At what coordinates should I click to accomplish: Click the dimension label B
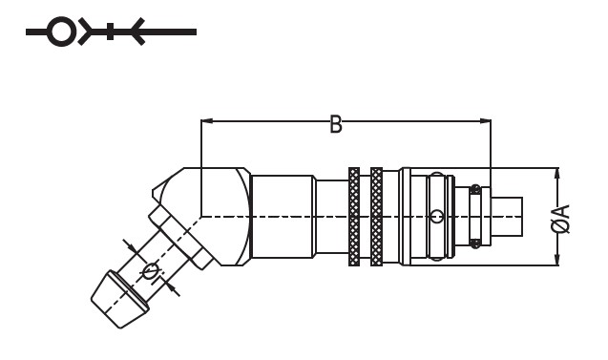pos(336,124)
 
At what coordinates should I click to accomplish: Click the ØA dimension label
pos(561,219)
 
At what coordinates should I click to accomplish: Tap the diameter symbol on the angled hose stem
pos(151,271)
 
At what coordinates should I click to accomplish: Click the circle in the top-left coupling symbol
pos(61,32)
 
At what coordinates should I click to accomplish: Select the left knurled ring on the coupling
pos(354,217)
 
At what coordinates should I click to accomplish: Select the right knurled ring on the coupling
pos(376,217)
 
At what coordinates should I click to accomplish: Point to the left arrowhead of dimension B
pos(207,121)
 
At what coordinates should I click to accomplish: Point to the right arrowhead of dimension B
pos(485,121)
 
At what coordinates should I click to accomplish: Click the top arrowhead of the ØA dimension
pos(557,174)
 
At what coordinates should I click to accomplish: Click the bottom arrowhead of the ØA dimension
pos(557,260)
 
